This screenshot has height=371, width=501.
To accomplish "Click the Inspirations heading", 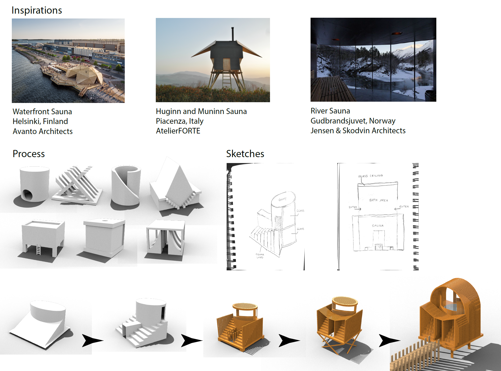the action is [x=37, y=10].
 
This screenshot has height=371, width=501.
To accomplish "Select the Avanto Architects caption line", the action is [x=43, y=131].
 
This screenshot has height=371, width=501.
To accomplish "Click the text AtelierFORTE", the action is [x=178, y=131].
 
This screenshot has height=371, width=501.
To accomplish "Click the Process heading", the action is [x=29, y=154].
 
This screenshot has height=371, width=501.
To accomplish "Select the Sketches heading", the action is [x=245, y=154].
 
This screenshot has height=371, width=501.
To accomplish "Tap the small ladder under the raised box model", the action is [x=38, y=249].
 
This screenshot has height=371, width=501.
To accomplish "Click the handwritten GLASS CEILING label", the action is [x=370, y=176].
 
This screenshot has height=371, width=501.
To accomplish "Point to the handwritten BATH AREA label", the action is [x=379, y=200].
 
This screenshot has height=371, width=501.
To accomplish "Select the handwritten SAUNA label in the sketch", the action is [x=378, y=226].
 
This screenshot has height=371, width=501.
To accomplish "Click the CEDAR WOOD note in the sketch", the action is [x=260, y=256].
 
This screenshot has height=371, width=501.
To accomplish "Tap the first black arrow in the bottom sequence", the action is [x=91, y=340].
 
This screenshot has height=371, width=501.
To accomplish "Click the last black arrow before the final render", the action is [x=388, y=340].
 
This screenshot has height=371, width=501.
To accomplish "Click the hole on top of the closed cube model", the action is [x=105, y=221].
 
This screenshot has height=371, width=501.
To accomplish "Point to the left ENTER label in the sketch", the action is [x=353, y=207].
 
